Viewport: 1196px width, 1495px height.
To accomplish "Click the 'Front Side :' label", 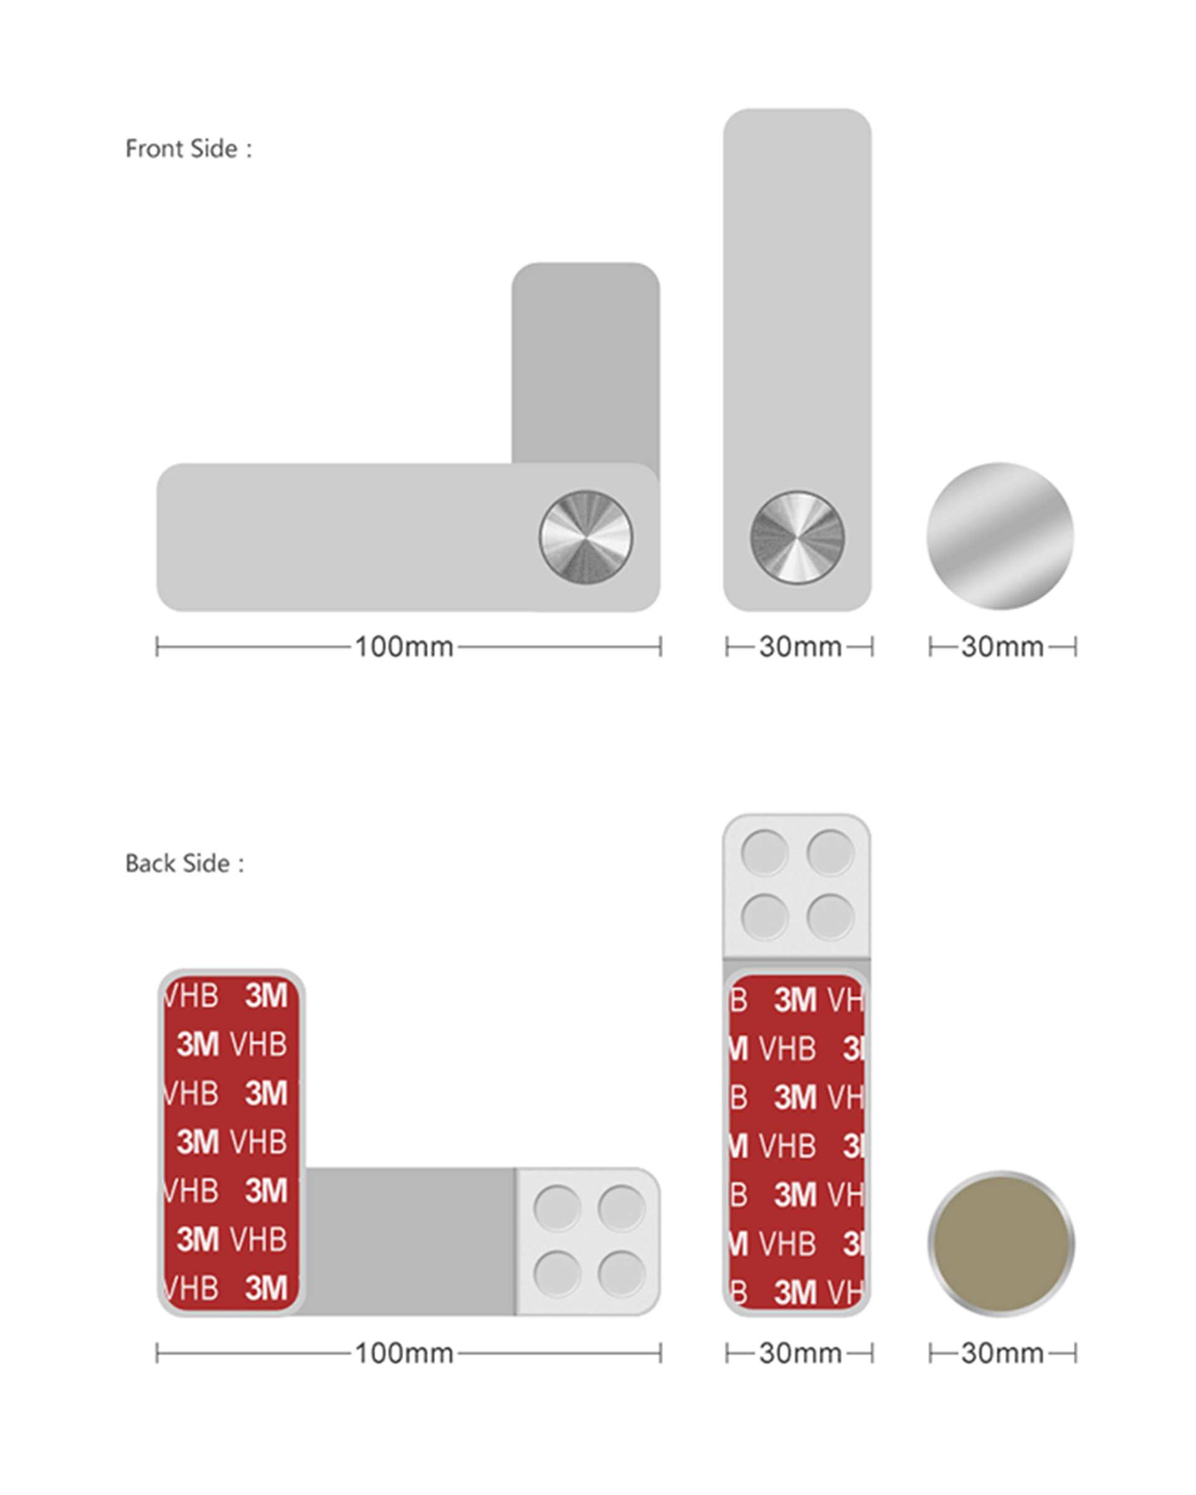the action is point(189,148).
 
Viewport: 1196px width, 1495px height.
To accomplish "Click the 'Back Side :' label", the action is point(184,863).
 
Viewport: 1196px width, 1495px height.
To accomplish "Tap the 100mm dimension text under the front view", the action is point(404,647).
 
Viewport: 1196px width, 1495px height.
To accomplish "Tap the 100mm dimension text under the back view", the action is point(404,1353).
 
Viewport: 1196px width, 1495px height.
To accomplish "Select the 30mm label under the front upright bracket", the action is point(800,647).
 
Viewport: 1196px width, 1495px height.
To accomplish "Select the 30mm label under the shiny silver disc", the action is point(1002,647).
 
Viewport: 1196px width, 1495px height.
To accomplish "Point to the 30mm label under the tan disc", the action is point(1002,1353).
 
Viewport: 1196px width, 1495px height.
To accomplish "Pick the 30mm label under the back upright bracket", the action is point(800,1353).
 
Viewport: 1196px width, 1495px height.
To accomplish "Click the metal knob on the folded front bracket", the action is point(586,538).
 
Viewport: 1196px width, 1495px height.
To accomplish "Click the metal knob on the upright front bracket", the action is point(797,538).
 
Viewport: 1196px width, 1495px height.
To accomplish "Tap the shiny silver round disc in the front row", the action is point(1000,536).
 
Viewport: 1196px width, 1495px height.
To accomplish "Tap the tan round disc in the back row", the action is point(1001,1243).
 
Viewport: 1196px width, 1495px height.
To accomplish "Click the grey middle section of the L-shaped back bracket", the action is point(410,1241).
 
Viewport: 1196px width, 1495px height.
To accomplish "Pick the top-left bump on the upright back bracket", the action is point(764,852).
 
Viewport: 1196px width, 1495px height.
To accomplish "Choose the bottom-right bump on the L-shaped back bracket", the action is point(621,1274).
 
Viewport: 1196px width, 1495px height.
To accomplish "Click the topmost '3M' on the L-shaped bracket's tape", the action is point(265,996).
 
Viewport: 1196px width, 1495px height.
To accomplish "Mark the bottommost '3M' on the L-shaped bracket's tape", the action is point(265,1288).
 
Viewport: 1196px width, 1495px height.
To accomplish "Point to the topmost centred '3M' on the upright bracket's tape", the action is point(795,1000).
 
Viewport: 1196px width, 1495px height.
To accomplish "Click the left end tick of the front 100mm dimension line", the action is point(158,647).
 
